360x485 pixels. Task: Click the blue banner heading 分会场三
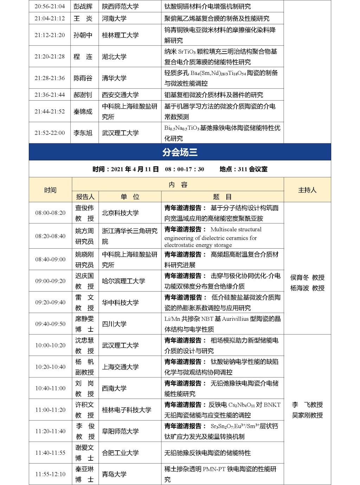click(x=180, y=152)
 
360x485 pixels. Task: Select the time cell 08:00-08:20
click(x=50, y=213)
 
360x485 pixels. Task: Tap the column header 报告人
click(x=85, y=197)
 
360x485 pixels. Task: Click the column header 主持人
click(x=307, y=190)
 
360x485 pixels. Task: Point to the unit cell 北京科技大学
click(x=120, y=213)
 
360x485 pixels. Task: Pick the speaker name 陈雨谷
click(x=83, y=78)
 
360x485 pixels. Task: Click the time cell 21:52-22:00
click(x=50, y=133)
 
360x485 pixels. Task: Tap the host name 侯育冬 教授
click(x=307, y=277)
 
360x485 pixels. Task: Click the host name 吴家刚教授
click(x=307, y=415)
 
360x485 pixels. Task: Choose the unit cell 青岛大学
click(x=114, y=474)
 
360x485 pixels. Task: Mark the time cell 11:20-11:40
click(x=50, y=431)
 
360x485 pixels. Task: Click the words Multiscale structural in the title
click(x=236, y=230)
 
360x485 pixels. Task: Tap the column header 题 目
click(x=222, y=197)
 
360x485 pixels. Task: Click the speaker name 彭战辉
click(x=83, y=6)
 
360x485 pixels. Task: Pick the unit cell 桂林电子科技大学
click(x=127, y=410)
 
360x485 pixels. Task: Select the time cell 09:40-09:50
click(x=50, y=324)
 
